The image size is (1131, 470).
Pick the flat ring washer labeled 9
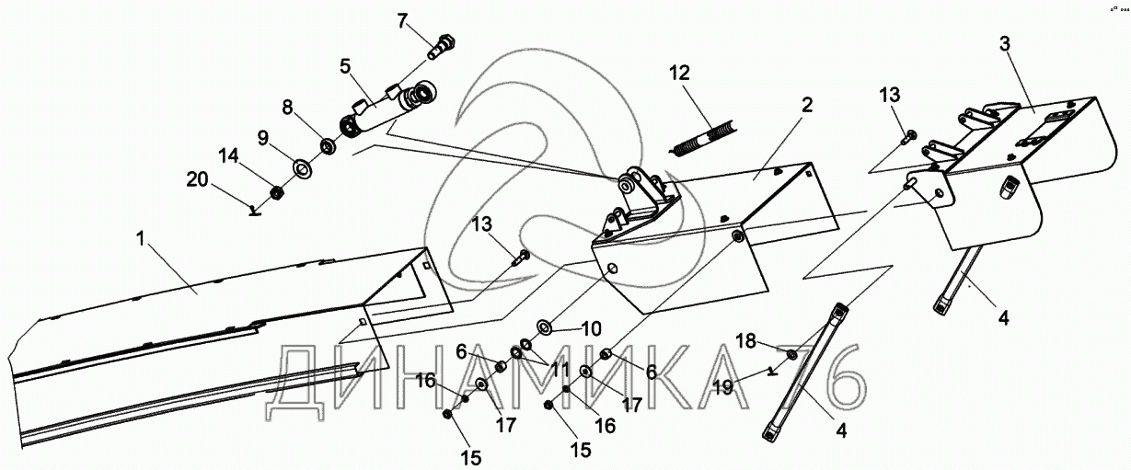tap(300, 168)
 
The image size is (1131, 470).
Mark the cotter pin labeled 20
tap(255, 211)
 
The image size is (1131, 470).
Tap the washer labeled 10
tap(543, 326)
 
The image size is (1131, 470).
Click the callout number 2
tap(806, 104)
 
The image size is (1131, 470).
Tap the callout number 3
tap(1005, 44)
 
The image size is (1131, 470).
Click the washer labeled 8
tap(326, 145)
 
